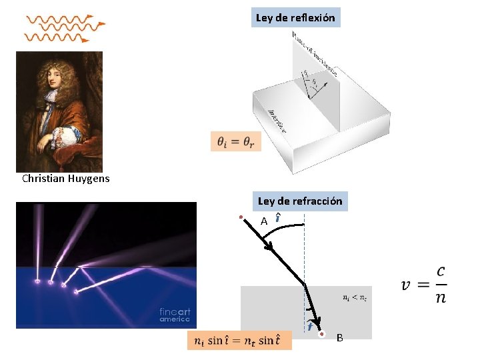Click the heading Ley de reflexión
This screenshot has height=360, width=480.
[295, 17]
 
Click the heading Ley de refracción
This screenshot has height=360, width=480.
[300, 201]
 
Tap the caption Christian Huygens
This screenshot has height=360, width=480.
[65, 179]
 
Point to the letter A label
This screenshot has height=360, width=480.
[264, 221]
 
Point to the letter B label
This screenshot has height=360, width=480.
[339, 338]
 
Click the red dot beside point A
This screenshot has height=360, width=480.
[241, 217]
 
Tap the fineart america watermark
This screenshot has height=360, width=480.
[175, 315]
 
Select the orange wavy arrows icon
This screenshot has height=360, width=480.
[64, 29]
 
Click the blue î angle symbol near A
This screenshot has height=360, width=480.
[277, 218]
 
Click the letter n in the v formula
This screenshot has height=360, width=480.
[441, 297]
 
